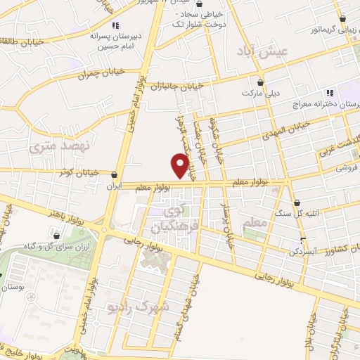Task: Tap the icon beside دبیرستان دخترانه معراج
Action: pyautogui.click(x=328, y=94)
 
